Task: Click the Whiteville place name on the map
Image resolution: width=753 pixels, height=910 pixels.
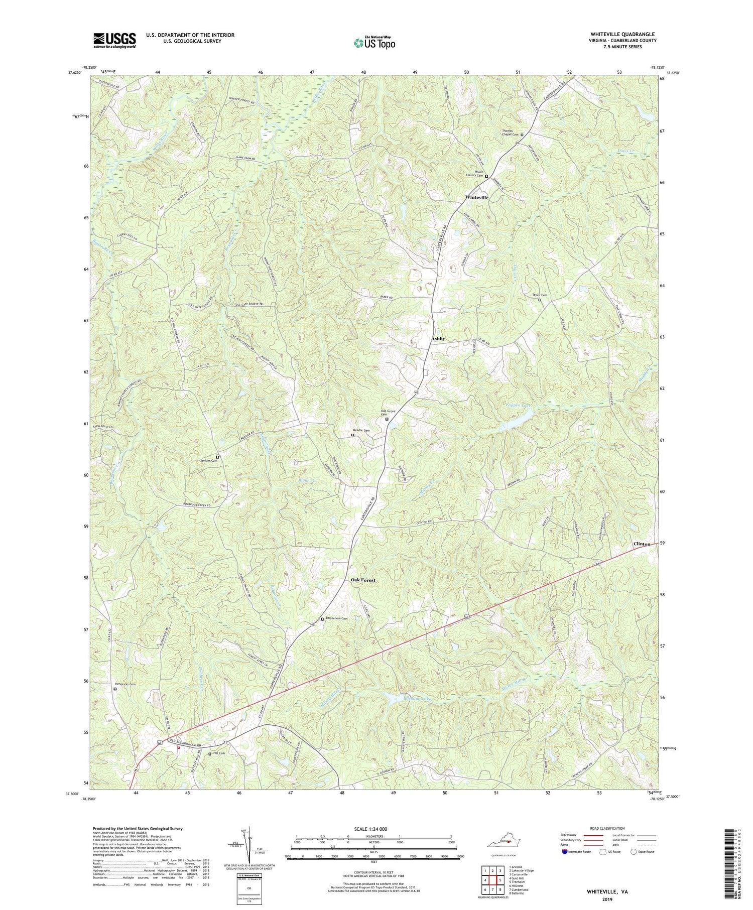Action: (x=476, y=198)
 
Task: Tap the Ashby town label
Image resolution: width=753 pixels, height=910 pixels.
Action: (x=438, y=339)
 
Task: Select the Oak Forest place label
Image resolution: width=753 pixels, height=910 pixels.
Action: (x=362, y=580)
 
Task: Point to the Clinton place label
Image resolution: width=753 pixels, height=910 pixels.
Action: (x=642, y=544)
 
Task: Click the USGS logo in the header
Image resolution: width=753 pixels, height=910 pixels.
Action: (x=114, y=40)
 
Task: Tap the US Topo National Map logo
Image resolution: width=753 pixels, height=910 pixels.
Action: (x=373, y=42)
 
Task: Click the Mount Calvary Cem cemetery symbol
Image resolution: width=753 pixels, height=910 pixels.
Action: (x=486, y=177)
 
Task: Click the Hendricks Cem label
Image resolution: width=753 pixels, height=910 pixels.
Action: (x=125, y=684)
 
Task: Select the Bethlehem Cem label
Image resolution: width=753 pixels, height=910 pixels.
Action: (x=336, y=618)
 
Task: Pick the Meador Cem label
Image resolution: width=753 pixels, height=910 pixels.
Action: (x=360, y=430)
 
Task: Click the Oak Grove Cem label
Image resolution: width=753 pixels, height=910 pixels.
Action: (x=388, y=413)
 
